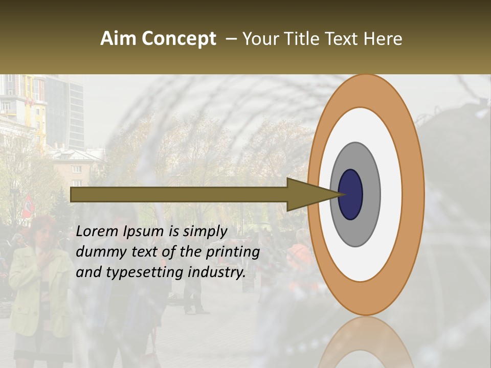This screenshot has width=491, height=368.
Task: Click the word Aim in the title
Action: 119,39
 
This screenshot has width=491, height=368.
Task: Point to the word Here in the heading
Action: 383,39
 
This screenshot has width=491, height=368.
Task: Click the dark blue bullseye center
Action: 350,195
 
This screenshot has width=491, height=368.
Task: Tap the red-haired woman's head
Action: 43,229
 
